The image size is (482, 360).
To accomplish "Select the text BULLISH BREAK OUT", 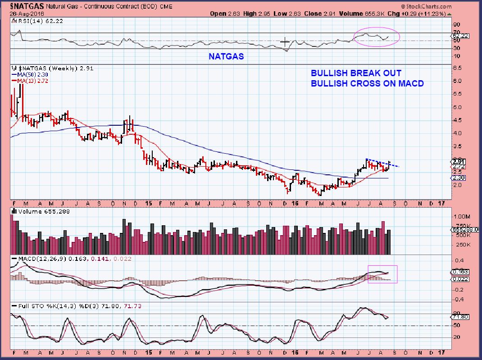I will tap(355, 73).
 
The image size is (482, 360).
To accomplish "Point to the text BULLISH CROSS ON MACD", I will tap(367, 83).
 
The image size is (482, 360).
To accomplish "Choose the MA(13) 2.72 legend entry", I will tap(32, 81).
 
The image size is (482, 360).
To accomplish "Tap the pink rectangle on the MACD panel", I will tap(383, 274).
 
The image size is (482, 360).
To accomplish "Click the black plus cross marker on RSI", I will tap(285, 42).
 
